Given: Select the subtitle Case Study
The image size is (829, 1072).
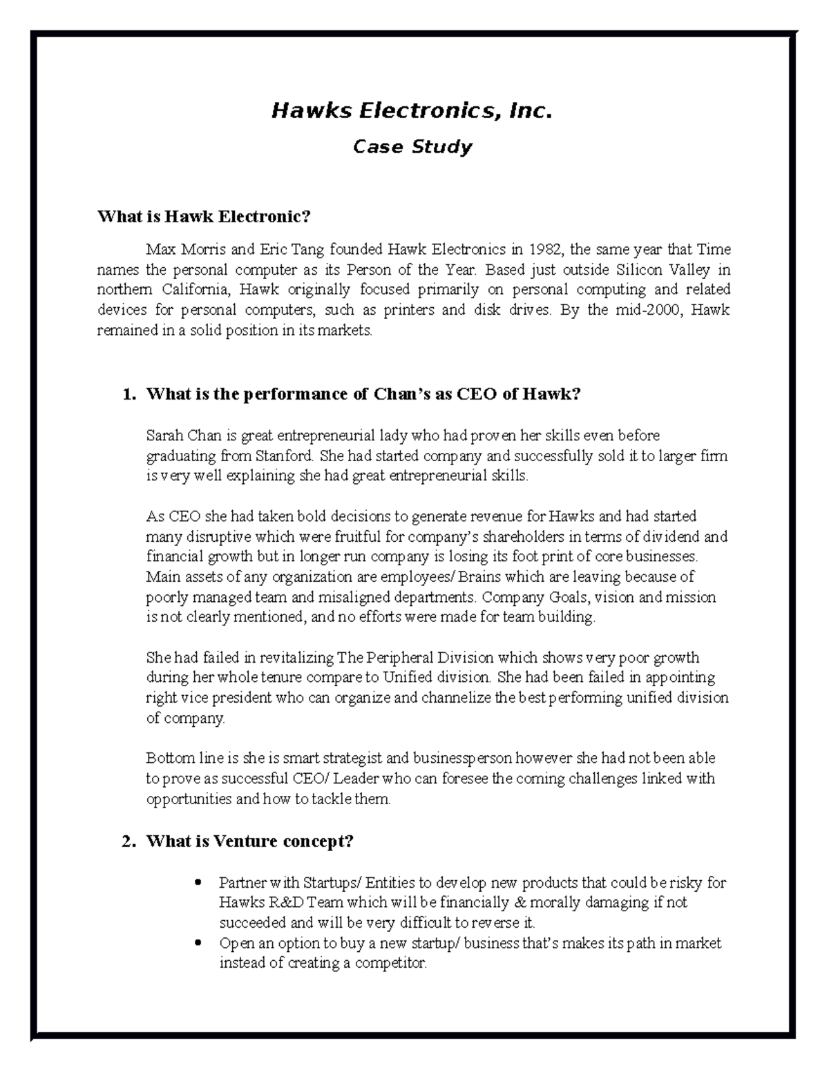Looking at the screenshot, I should (x=412, y=147).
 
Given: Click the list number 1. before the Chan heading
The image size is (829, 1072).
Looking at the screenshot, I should (x=126, y=394).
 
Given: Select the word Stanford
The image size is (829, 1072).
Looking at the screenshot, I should (x=285, y=456).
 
